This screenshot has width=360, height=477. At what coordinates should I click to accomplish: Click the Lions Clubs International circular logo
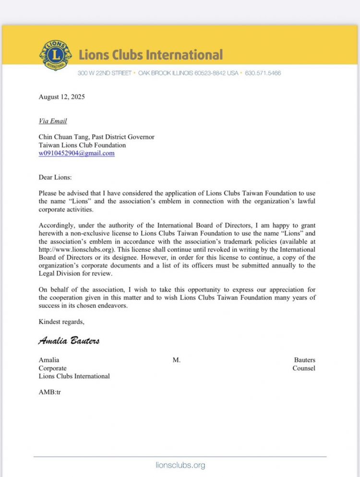pos(55,55)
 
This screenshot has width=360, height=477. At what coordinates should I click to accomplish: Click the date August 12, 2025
pos(61,97)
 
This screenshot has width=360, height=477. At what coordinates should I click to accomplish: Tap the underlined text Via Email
pos(53,121)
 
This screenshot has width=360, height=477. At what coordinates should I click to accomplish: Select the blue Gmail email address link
pos(77,153)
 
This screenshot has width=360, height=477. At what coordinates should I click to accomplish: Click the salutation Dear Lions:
pos(55,177)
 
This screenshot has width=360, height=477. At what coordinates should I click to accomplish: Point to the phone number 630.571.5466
pos(263,73)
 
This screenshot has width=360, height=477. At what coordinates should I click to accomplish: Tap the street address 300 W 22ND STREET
pos(105,73)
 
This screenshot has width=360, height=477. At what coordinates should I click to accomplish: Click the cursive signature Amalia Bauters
pos(69,341)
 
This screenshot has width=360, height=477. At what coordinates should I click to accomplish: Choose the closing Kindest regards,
pos(61,322)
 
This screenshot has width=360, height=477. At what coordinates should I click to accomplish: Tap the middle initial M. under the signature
pos(177,360)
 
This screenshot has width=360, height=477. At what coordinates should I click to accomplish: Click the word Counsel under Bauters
pos(304,368)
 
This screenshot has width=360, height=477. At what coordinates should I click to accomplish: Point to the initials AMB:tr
pos(49,392)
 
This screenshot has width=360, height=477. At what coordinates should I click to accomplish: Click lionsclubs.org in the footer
pos(180,465)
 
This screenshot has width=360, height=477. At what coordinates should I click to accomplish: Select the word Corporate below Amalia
pos(53,368)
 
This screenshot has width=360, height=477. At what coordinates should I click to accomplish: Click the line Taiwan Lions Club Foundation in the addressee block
pos(82,145)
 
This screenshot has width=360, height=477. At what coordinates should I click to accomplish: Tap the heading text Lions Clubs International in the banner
pos(151,55)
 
